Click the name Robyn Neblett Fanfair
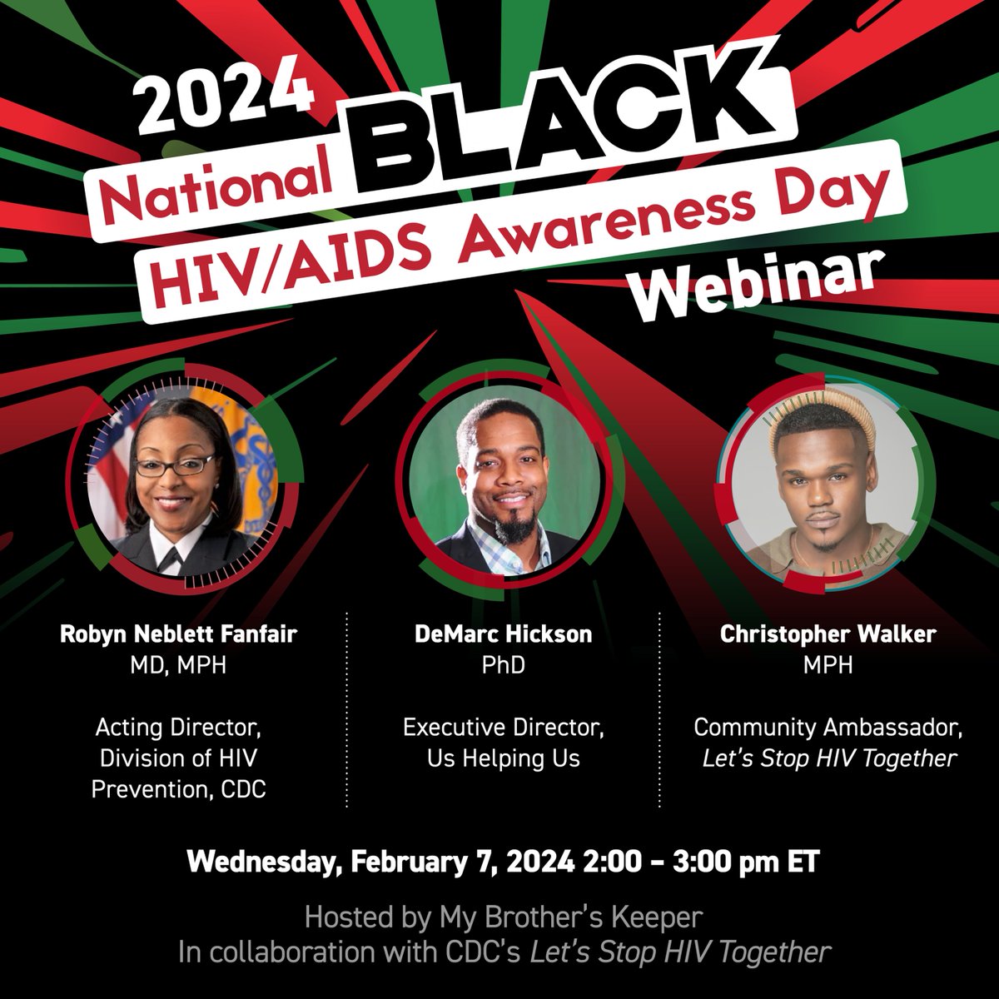click(178, 634)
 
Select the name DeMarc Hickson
click(504, 634)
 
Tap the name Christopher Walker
click(829, 634)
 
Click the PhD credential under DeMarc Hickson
click(504, 667)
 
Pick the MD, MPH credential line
click(178, 667)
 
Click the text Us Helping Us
click(504, 758)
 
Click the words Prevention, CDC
click(178, 788)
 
